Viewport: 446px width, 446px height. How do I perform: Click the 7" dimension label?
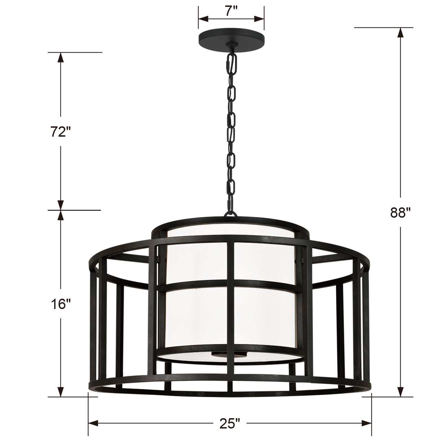(x=231, y=11)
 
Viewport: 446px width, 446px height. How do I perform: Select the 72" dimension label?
(x=60, y=132)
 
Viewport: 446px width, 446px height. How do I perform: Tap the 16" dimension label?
(x=60, y=304)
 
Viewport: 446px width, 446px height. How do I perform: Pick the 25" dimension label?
(x=230, y=423)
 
